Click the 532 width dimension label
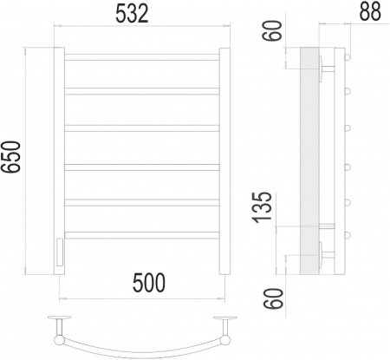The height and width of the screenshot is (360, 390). [132, 14]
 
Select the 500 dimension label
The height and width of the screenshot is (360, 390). [149, 283]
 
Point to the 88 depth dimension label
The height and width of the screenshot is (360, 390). [370, 11]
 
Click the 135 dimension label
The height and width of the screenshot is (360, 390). [263, 207]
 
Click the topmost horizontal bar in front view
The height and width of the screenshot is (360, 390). [142, 57]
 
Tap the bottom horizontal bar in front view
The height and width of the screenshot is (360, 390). [142, 235]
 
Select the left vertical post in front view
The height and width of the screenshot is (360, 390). [59, 160]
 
